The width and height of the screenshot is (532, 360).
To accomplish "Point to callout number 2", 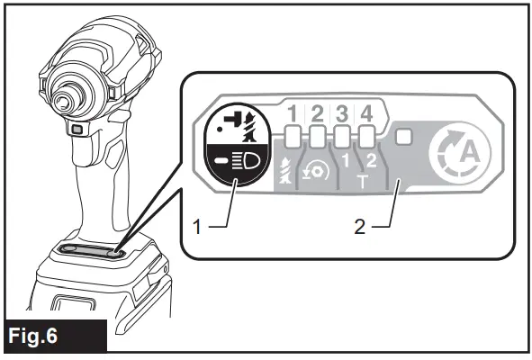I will click(360, 225).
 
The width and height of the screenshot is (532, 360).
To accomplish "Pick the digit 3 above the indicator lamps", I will click(341, 115).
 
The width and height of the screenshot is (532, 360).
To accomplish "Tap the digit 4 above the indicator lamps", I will click(365, 115).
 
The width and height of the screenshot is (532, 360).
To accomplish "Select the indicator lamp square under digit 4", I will click(366, 138).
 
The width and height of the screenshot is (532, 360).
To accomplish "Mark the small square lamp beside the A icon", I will click(403, 138).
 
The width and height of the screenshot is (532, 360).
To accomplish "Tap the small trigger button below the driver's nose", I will click(80, 132).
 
